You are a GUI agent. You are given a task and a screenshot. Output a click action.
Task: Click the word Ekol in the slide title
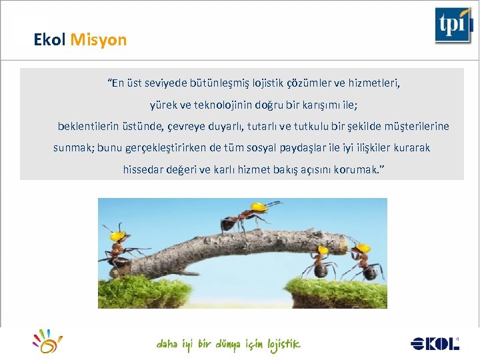click(x=50, y=40)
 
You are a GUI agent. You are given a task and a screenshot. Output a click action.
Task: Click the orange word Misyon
click(x=98, y=40)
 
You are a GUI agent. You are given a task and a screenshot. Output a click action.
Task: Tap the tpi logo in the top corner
click(x=453, y=26)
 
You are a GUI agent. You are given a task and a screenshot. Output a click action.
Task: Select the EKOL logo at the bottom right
click(x=435, y=343)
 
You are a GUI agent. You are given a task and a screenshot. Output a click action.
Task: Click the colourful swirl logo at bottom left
click(x=48, y=341)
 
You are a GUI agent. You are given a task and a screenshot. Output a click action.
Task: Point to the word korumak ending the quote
click(x=359, y=169)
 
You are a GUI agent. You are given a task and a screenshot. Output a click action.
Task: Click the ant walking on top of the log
click(x=241, y=217)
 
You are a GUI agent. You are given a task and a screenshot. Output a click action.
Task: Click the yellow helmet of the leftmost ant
click(x=117, y=235)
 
